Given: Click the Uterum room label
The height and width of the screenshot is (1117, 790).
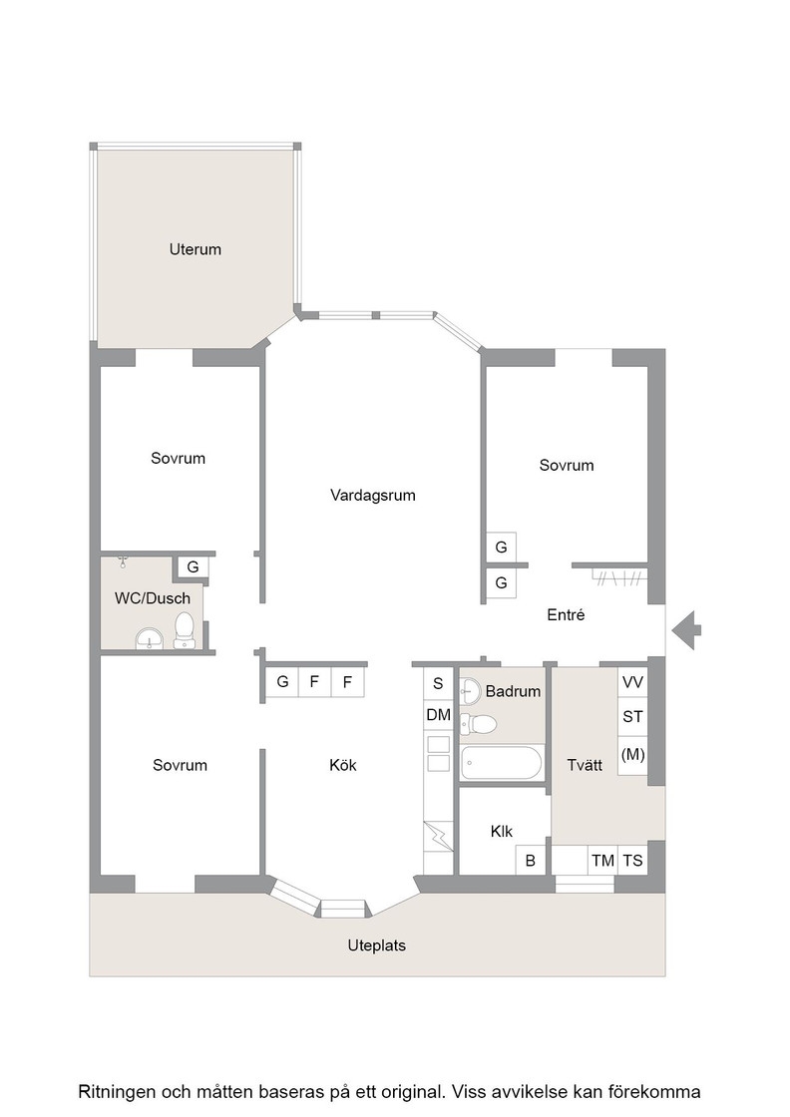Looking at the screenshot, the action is [x=196, y=249].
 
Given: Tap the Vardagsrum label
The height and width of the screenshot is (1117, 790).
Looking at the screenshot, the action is [x=373, y=495].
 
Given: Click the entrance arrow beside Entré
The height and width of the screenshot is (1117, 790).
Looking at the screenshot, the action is [x=686, y=629].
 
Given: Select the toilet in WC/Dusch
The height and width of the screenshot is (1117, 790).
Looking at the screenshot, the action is [x=184, y=630].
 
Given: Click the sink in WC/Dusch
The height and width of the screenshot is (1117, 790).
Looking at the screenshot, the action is [x=149, y=639].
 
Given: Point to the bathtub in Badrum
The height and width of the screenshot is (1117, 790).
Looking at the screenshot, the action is [x=502, y=763].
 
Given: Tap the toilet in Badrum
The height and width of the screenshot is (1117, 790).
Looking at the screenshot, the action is [x=479, y=724].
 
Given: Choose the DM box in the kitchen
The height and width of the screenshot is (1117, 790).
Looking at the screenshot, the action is [x=438, y=714].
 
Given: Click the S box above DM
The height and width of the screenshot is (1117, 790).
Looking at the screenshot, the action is [x=438, y=683].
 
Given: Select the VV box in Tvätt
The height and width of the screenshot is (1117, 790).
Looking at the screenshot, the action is [x=632, y=682].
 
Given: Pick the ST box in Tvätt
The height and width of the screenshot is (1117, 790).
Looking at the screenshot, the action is [x=632, y=717].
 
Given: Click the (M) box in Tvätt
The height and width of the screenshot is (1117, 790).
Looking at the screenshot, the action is [x=632, y=755].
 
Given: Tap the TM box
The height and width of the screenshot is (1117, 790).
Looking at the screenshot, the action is [x=602, y=861].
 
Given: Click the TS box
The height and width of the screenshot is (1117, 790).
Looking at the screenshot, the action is [x=632, y=861].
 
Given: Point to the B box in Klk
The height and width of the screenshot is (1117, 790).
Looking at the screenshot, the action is [x=530, y=861].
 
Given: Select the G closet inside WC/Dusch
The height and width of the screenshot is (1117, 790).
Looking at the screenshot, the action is [x=193, y=567].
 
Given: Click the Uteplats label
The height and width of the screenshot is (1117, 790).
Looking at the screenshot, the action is [x=377, y=945].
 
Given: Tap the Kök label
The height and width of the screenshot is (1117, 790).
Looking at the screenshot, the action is [x=343, y=765].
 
